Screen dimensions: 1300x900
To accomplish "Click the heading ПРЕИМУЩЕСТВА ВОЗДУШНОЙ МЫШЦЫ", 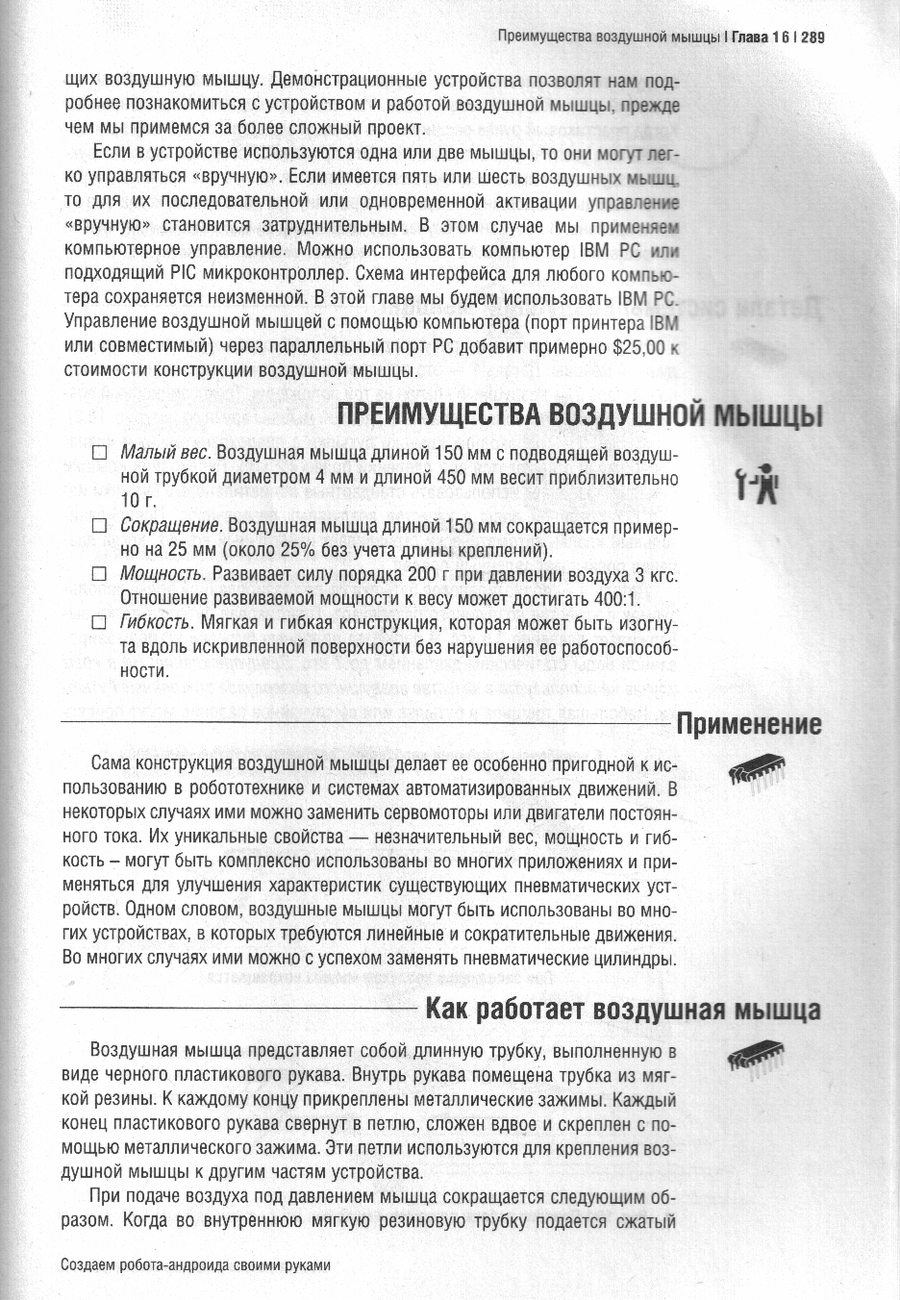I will point(579,417).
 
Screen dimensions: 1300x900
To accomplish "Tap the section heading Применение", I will point(749,724).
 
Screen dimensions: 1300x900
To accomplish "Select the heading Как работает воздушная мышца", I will point(623,1011).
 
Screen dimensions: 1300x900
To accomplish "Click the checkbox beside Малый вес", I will point(98,454).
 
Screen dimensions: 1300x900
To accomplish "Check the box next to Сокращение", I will point(98,526).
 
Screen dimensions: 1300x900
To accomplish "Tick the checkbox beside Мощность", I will point(98,574).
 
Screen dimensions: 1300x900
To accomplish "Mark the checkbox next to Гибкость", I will point(98,622).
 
